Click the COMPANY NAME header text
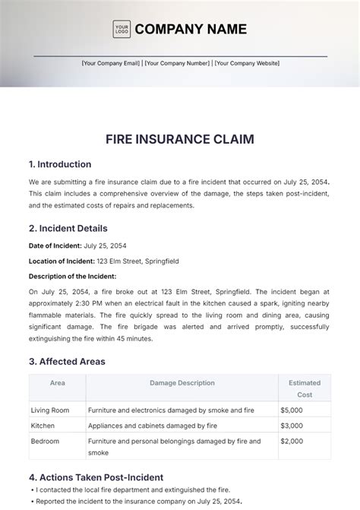(191, 30)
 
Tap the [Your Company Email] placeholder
(112, 64)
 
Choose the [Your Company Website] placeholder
(247, 64)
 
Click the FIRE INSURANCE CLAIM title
(179, 139)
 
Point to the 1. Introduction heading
(60, 164)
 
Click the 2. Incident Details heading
(68, 228)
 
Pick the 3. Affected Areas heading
(67, 362)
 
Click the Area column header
(57, 383)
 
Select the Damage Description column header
(182, 383)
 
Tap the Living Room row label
(50, 410)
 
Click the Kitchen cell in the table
(43, 426)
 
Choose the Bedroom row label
(45, 441)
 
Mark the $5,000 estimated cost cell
(292, 410)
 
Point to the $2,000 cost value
(292, 441)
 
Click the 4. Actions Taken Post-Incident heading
(96, 477)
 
